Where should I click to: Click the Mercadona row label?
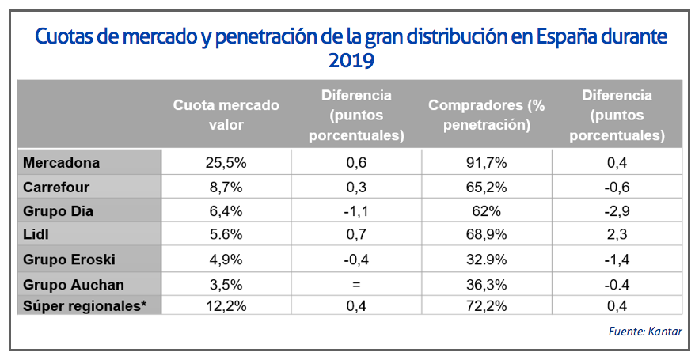point(61,163)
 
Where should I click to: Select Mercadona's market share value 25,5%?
point(226,163)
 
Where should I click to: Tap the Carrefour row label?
point(56,188)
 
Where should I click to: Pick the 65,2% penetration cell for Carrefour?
point(487,188)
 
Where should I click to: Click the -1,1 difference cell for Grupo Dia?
point(355,211)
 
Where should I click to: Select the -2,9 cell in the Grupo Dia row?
point(616,211)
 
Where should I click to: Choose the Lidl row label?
point(36,235)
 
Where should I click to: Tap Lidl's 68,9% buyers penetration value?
point(487,235)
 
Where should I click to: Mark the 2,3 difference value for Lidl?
point(616,235)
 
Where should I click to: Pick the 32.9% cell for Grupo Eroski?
point(487,260)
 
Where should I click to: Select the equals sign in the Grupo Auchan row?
point(355,284)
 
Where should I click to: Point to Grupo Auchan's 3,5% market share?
point(226,284)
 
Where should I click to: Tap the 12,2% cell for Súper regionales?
point(226,305)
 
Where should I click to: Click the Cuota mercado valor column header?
point(226,115)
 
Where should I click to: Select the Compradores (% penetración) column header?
point(486,115)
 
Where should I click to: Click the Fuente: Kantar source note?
point(644,331)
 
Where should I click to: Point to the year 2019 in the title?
point(348,60)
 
